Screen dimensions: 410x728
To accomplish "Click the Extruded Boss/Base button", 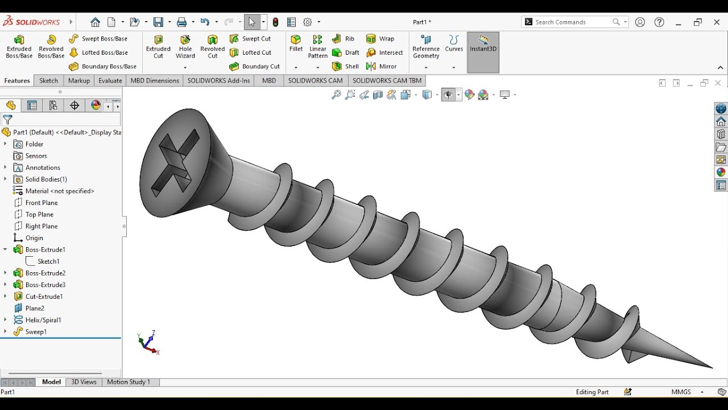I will pyautogui.click(x=19, y=47).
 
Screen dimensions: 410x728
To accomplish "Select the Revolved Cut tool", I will pyautogui.click(x=212, y=47).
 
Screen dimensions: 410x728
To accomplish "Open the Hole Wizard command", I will pyautogui.click(x=185, y=47).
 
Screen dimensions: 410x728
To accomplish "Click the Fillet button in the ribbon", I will pyautogui.click(x=296, y=43).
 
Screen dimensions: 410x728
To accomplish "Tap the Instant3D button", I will pyautogui.click(x=483, y=44).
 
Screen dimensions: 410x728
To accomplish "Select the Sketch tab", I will pyautogui.click(x=48, y=81).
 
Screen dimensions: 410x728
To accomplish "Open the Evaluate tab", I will pyautogui.click(x=110, y=81).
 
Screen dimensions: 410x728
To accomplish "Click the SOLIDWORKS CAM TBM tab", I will pyautogui.click(x=387, y=81).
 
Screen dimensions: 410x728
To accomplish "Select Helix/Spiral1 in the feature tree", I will pyautogui.click(x=43, y=320).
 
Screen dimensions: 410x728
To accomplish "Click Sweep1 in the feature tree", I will pyautogui.click(x=36, y=332).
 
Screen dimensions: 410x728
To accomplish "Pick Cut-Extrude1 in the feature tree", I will pyautogui.click(x=44, y=297).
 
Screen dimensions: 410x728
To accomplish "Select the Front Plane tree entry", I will pyautogui.click(x=42, y=203).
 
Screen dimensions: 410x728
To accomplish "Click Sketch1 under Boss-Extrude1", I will pyautogui.click(x=48, y=261).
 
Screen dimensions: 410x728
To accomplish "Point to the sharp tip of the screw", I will pyautogui.click(x=710, y=367).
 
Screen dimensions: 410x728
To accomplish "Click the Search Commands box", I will pyautogui.click(x=572, y=22).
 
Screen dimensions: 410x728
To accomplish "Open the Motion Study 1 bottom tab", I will pyautogui.click(x=129, y=382).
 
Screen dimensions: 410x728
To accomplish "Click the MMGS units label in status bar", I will pyautogui.click(x=681, y=392).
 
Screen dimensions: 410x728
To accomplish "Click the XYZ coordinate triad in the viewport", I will pyautogui.click(x=148, y=343).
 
